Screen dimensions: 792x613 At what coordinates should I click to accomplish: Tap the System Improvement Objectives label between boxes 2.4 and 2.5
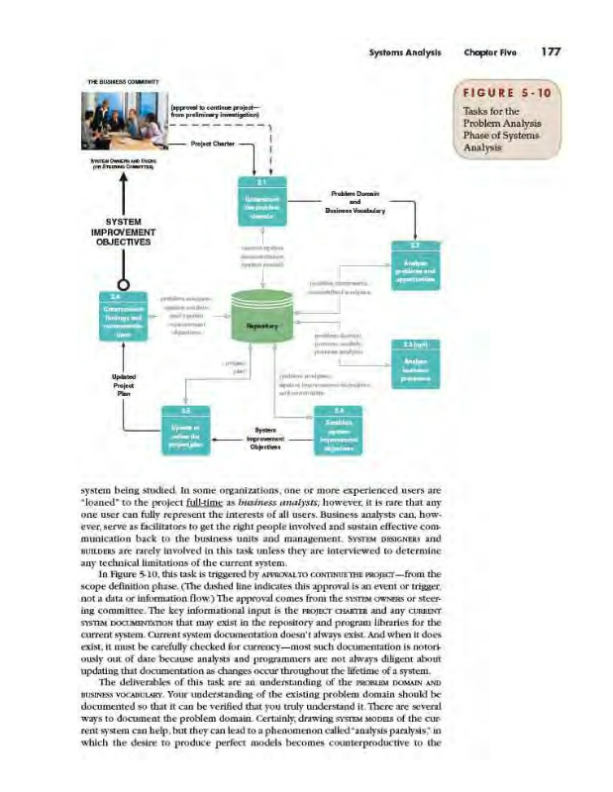tap(265, 437)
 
